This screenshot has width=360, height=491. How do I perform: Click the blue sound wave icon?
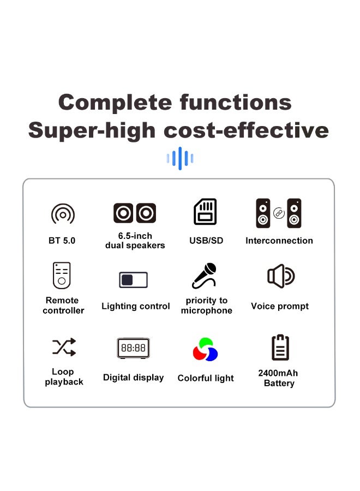179,159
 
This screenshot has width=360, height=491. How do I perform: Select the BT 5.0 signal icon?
63,214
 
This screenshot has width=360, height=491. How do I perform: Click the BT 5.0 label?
62,241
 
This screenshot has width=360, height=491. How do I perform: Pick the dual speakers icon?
135,213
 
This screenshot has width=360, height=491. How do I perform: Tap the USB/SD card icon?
206,212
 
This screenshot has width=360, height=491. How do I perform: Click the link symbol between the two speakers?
279,213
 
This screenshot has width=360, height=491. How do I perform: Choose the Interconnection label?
279,241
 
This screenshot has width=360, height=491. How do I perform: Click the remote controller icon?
62,275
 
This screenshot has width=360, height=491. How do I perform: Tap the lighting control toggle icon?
134,280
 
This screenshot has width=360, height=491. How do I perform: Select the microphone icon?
205,276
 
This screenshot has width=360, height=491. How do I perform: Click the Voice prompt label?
280,306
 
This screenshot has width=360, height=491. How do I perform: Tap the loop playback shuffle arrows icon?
64,347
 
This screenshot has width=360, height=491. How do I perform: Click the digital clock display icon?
133,348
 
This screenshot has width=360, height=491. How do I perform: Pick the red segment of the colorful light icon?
199,353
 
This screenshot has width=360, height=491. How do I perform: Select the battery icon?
280,348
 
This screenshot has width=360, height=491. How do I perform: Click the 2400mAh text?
278,373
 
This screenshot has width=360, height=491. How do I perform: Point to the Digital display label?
133,378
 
